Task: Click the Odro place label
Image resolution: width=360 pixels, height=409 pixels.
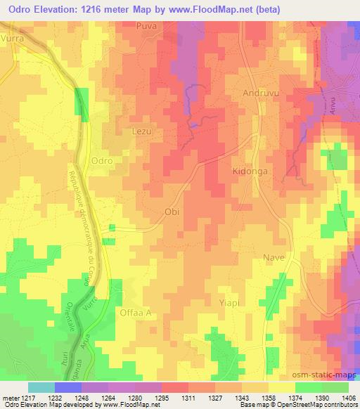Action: click(x=102, y=160)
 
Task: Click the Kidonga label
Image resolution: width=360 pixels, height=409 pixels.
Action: click(x=251, y=171)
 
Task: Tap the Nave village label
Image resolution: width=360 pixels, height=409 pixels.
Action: click(x=274, y=257)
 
